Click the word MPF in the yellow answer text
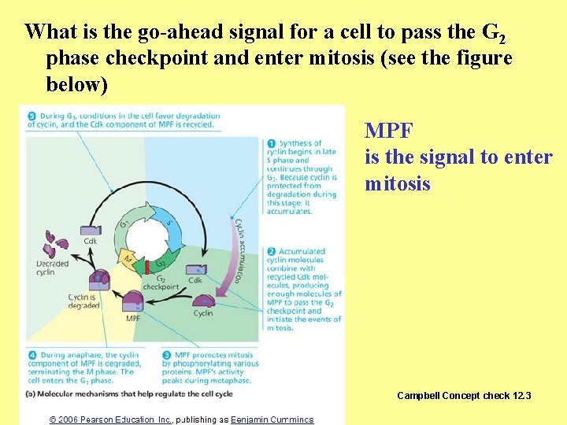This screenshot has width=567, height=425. pos(389,130)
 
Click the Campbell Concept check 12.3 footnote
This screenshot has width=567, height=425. pos(464,395)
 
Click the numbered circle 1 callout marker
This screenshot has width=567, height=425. pos(271,143)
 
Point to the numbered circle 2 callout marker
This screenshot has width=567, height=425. pos(271,252)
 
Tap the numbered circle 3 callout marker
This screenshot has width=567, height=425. pos(166,356)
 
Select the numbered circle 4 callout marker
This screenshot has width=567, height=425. pos(30,356)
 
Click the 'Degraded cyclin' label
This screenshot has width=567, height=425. pos(52,268)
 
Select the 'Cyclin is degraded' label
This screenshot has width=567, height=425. pos(83,301)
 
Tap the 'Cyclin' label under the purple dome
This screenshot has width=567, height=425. pos(203,313)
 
